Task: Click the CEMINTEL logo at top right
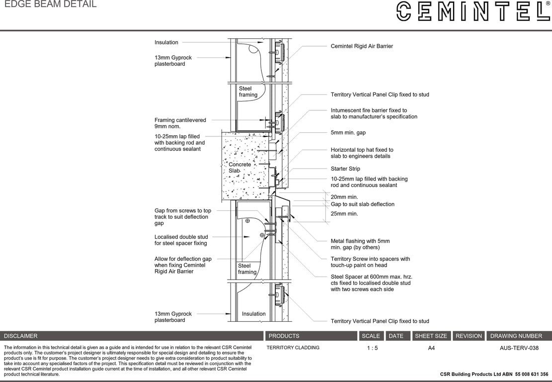(472, 11)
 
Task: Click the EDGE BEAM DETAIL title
(50, 4)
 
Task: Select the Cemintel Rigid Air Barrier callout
(362, 46)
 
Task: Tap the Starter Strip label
(345, 169)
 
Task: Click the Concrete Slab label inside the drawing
(239, 168)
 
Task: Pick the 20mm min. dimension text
(344, 197)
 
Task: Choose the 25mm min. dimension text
(344, 214)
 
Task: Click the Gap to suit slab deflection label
(362, 204)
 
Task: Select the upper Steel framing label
(248, 92)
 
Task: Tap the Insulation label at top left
(166, 42)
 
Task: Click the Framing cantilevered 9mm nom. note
(180, 123)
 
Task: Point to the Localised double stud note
(181, 240)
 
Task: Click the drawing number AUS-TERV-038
(519, 348)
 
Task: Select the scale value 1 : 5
(372, 348)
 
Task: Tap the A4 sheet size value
(431, 348)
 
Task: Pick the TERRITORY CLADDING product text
(293, 348)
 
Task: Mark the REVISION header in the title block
(469, 336)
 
